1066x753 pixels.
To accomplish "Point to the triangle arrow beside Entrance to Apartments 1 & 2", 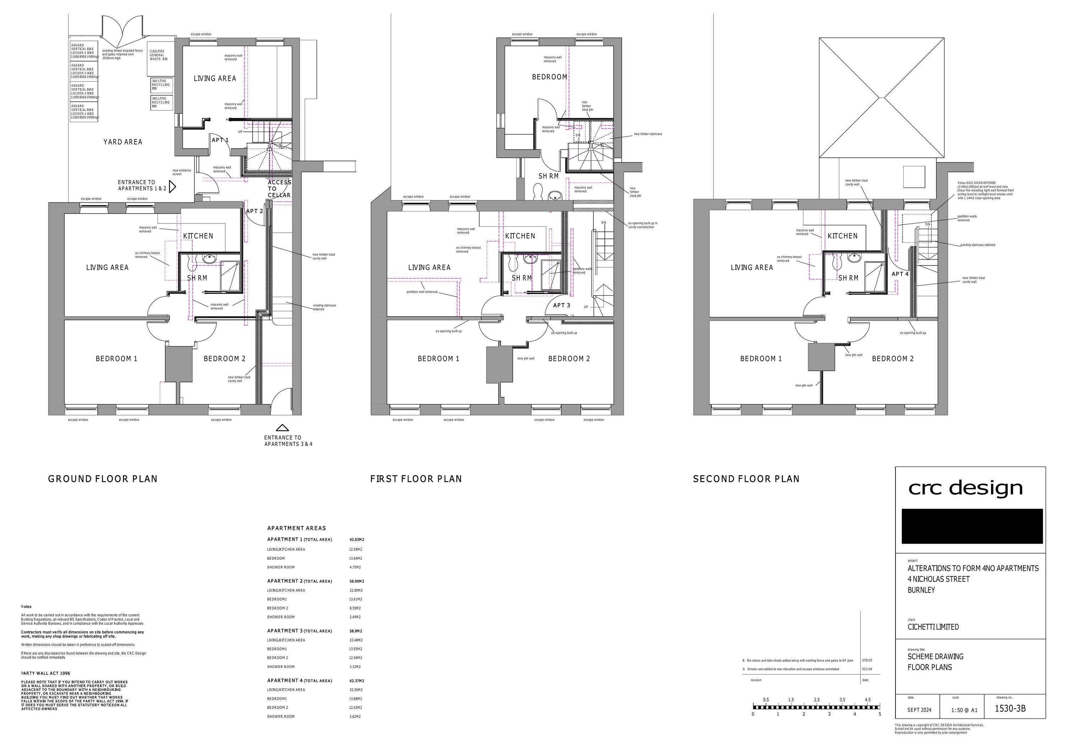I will tap(172, 187).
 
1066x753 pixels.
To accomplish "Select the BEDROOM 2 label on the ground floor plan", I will tap(224, 359).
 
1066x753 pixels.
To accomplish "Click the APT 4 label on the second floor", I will tap(900, 274).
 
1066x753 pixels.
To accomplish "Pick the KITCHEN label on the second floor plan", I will tap(842, 236).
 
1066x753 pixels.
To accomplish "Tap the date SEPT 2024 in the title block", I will tap(919, 710).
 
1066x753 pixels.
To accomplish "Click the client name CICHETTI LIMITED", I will tap(933, 627).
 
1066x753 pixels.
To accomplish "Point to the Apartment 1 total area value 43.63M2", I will tap(356, 540).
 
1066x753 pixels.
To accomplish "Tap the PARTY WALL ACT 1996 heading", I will tap(45, 673).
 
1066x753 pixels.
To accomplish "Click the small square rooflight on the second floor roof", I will tap(913, 177).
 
